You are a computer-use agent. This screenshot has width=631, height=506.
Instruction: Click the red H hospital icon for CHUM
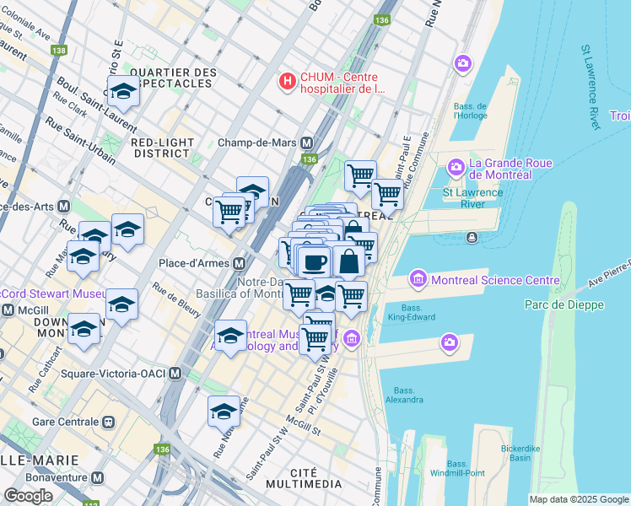(288, 82)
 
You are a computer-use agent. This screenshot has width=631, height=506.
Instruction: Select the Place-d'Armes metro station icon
(240, 263)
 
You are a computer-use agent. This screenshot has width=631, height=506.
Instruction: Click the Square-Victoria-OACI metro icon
(175, 373)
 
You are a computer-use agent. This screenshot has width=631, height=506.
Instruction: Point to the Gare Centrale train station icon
(108, 421)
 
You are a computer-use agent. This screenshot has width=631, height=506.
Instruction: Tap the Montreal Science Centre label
(494, 280)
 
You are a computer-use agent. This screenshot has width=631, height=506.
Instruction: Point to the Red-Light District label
(163, 148)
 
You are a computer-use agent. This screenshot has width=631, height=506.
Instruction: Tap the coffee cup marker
(315, 261)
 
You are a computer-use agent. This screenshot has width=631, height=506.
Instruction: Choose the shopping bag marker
(348, 261)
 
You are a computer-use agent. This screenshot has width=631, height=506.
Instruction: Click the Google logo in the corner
(28, 496)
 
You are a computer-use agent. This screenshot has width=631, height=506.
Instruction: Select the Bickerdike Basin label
(526, 453)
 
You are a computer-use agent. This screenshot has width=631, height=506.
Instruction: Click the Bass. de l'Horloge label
(471, 111)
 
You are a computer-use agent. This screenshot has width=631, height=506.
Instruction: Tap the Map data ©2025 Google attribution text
(579, 499)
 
